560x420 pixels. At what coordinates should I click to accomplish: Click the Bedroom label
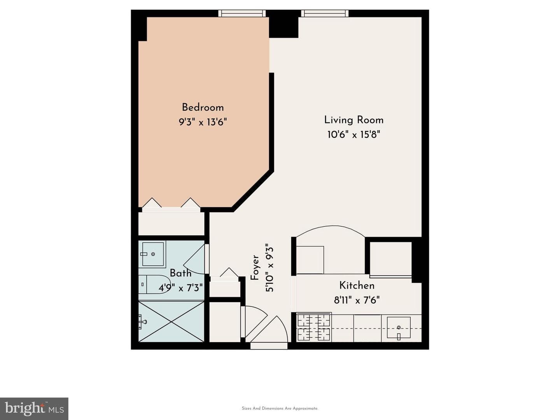(x=203, y=107)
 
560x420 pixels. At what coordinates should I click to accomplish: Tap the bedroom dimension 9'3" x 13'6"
(x=203, y=122)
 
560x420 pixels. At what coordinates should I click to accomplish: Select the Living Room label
(x=354, y=120)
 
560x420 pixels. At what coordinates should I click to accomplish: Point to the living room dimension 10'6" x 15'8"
(x=354, y=134)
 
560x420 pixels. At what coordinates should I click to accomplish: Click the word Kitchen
(x=357, y=285)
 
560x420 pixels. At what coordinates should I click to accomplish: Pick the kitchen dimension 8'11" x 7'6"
(x=357, y=300)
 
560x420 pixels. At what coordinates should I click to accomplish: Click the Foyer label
(x=255, y=268)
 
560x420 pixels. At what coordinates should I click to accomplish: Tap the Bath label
(x=180, y=273)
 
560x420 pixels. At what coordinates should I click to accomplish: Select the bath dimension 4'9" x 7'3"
(x=180, y=288)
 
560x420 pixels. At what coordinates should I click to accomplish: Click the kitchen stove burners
(x=314, y=327)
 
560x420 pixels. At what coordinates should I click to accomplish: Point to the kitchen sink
(x=399, y=328)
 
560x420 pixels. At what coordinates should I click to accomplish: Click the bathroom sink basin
(x=152, y=254)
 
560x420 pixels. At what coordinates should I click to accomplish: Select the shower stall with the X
(x=171, y=322)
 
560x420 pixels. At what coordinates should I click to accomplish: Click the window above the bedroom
(x=242, y=13)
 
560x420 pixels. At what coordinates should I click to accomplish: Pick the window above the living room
(x=325, y=13)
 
